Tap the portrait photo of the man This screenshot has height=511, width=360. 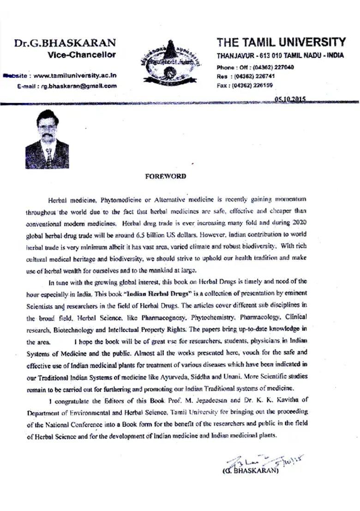pyautogui.click(x=47, y=139)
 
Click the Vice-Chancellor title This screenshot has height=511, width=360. pyautogui.click(x=82, y=55)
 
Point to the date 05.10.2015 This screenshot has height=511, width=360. pyautogui.click(x=291, y=99)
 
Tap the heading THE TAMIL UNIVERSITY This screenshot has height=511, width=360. pyautogui.click(x=281, y=42)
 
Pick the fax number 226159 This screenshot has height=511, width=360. pyautogui.click(x=261, y=85)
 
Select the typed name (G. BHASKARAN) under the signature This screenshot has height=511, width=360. pyautogui.click(x=251, y=471)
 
